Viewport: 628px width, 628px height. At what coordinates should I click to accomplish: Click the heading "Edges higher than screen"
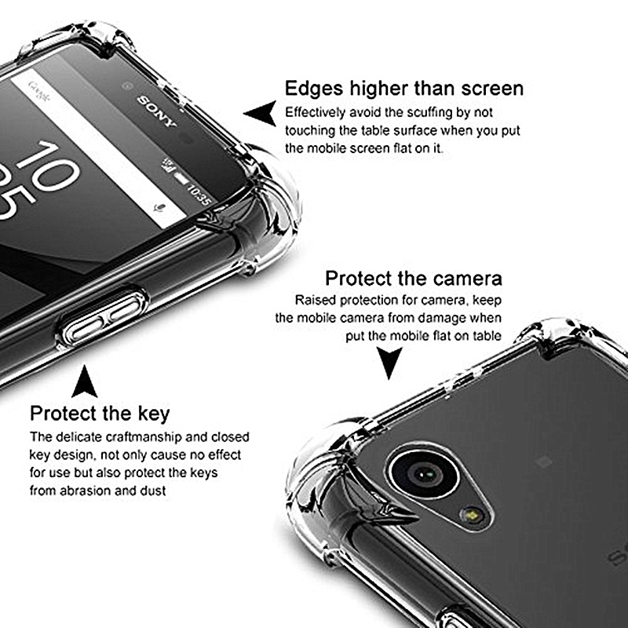point(404,89)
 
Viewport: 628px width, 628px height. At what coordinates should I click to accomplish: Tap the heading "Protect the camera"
point(414,279)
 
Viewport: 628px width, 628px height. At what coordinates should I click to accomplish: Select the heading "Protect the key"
point(100,414)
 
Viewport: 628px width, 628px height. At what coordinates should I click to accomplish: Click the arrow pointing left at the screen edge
point(261,113)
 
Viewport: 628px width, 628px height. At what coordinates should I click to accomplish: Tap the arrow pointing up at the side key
point(84,382)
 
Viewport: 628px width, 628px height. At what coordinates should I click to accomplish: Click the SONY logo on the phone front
point(156,111)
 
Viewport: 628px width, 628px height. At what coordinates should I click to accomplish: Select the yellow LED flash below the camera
point(473,515)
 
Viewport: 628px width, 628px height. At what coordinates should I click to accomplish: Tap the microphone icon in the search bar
point(160,208)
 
